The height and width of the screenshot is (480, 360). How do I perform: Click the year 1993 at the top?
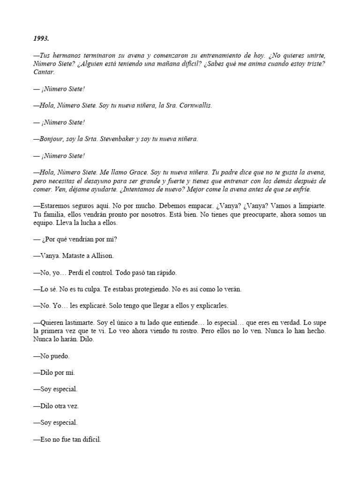(41, 38)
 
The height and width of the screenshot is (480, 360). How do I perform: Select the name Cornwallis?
(194, 105)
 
